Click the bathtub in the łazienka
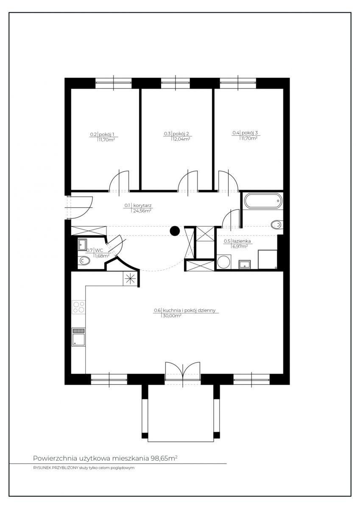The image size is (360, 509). click(x=263, y=201)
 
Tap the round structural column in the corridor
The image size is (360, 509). click(x=175, y=231)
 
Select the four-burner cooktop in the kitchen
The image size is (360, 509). click(x=78, y=307)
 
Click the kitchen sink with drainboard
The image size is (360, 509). click(x=78, y=337)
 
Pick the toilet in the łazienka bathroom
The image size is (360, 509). click(x=277, y=225)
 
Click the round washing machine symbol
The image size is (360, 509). click(x=224, y=262)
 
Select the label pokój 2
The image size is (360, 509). click(x=181, y=134)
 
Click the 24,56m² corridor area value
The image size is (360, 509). click(x=142, y=211)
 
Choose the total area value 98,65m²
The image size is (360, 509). click(x=164, y=459)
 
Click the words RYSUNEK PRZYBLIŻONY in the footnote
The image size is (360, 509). click(x=56, y=468)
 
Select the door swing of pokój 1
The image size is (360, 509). click(x=119, y=181)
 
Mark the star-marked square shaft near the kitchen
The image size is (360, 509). click(x=130, y=278)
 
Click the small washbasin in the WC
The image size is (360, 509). click(x=82, y=244)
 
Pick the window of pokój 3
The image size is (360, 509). click(x=238, y=84)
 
